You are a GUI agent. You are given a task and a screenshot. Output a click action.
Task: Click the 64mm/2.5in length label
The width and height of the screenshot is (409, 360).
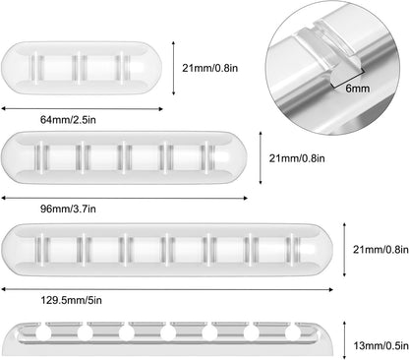tap(68, 120)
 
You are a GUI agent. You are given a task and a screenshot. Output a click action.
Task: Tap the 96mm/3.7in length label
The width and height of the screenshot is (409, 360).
tap(68, 209)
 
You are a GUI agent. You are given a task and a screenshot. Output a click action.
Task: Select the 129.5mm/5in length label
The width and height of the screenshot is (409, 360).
tap(71, 300)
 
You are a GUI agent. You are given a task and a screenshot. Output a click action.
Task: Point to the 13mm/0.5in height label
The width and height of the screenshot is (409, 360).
tap(380, 345)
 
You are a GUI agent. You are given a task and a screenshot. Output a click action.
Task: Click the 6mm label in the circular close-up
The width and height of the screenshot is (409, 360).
tap(358, 89)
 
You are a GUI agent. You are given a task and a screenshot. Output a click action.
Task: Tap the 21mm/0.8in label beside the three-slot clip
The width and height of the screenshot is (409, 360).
tap(210, 68)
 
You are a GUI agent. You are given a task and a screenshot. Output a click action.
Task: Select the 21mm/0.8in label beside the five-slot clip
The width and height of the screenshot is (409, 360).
tap(297, 158)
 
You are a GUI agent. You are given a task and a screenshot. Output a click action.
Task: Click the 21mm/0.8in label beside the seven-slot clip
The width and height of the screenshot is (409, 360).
tap(380, 250)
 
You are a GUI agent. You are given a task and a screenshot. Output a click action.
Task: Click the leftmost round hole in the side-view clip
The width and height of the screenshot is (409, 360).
tap(43, 333)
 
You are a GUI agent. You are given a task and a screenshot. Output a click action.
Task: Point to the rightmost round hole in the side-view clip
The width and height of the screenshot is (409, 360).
tap(293, 333)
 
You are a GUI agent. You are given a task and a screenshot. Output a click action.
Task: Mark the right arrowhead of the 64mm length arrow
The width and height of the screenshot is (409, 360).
tap(160, 109)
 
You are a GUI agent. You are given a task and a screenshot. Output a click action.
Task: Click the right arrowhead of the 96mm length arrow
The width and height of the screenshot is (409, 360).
tap(245, 198)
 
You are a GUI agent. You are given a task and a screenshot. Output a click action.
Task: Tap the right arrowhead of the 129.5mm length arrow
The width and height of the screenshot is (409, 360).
tap(330, 289)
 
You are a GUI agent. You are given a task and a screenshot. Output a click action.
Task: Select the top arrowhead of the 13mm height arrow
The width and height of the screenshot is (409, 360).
tap(344, 324)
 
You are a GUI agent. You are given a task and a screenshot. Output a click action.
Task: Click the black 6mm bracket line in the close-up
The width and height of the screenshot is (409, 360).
tap(347, 80)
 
